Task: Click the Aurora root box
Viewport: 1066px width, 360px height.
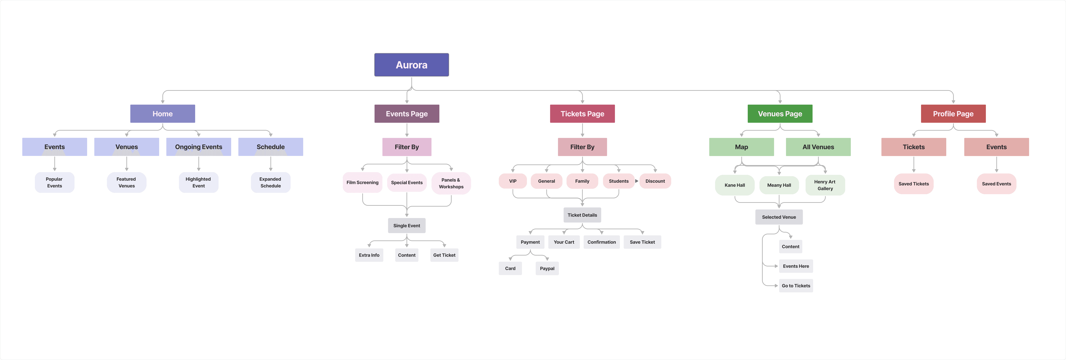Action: pyautogui.click(x=411, y=65)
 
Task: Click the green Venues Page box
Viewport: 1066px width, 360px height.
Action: pyautogui.click(x=780, y=114)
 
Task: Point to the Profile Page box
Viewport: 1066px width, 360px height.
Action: pyautogui.click(x=953, y=114)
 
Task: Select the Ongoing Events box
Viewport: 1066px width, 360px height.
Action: pyautogui.click(x=199, y=147)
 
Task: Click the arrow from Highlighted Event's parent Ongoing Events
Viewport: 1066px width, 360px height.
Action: pyautogui.click(x=199, y=164)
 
